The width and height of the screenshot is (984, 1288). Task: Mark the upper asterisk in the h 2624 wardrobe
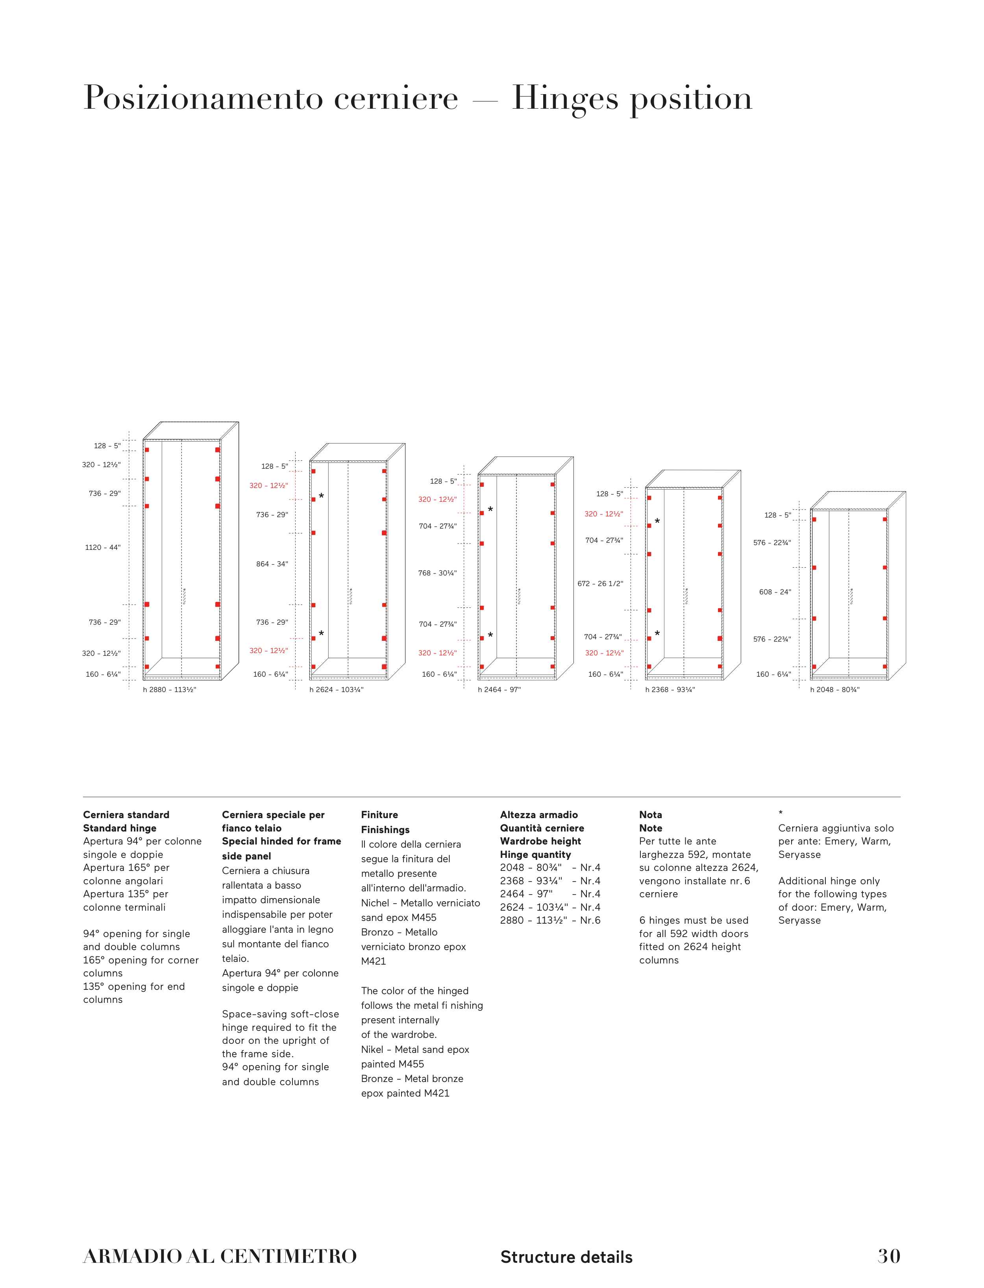pyautogui.click(x=321, y=497)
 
